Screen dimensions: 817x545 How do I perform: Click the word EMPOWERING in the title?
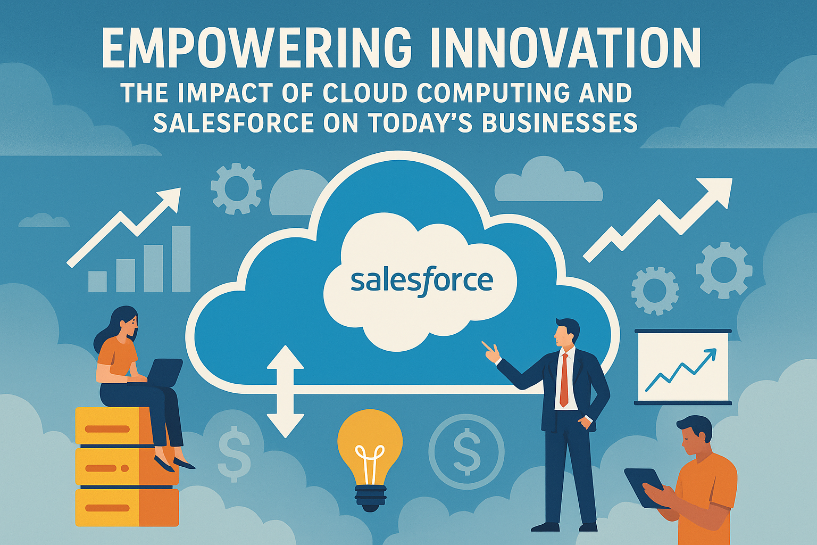(257, 48)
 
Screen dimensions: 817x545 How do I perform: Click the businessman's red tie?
(564, 379)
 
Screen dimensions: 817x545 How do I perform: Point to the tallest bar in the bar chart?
(181, 259)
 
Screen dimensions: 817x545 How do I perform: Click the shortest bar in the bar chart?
(97, 282)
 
